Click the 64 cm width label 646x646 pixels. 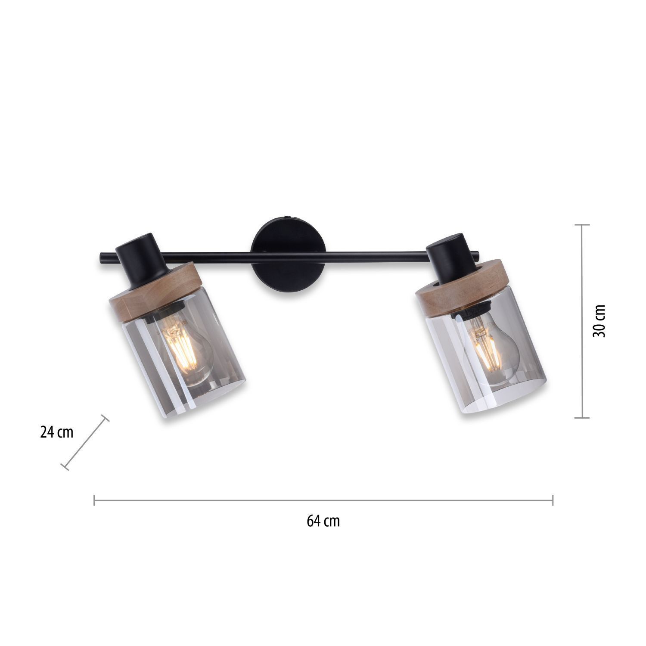pyautogui.click(x=323, y=521)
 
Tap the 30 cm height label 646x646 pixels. pyautogui.click(x=599, y=321)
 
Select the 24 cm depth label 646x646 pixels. pyautogui.click(x=57, y=432)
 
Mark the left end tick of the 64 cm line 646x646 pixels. pyautogui.click(x=94, y=500)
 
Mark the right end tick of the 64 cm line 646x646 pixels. pyautogui.click(x=553, y=500)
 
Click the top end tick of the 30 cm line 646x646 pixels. pyautogui.click(x=582, y=225)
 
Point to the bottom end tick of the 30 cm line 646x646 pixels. pyautogui.click(x=582, y=417)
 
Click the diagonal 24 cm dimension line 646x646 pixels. pyautogui.click(x=85, y=442)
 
